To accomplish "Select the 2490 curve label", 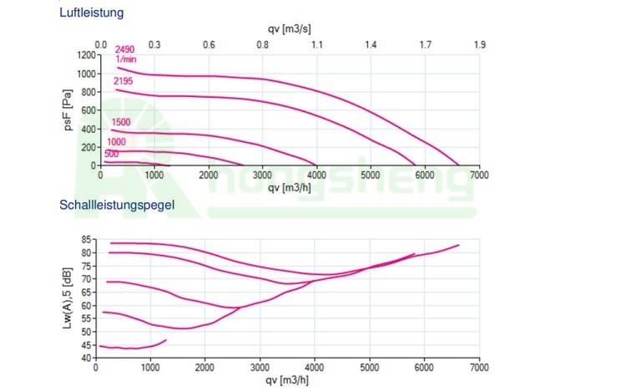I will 124,51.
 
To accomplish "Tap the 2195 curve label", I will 124,81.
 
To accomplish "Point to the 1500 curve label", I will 121,122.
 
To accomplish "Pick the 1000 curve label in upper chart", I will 116,142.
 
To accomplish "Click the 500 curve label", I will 111,154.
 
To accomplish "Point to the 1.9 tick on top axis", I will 479,44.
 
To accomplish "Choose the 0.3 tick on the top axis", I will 154,44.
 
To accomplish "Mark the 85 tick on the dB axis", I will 87,239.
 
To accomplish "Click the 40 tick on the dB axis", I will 87,358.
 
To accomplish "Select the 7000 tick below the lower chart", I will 479,367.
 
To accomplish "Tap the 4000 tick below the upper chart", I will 316,175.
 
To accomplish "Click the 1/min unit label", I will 124,60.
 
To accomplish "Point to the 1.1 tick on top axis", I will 316,44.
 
